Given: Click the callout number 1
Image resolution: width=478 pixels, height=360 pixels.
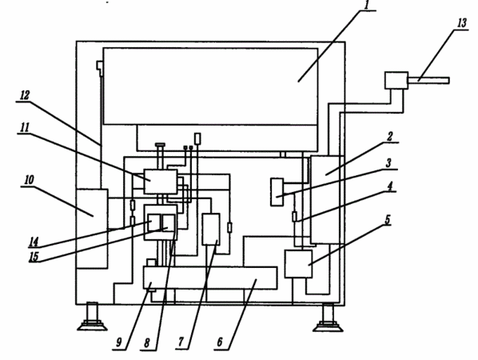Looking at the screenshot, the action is point(367,5).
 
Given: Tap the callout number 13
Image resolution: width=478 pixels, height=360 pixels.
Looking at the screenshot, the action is point(462,23).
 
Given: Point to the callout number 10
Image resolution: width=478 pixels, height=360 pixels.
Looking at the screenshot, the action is point(29,180).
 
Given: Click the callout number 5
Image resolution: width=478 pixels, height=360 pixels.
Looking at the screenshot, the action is point(388,220).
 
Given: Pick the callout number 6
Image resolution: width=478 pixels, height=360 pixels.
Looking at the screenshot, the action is point(220,342).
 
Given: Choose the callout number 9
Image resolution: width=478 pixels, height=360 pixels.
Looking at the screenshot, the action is point(181,342).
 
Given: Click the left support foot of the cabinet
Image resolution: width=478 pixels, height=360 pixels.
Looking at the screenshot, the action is point(92,317).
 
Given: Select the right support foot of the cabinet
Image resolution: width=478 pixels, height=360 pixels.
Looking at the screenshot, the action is point(328,318).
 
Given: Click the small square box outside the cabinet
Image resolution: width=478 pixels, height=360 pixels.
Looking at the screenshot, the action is point(396,81).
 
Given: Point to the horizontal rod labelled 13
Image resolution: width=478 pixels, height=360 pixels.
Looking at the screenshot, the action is point(428,81).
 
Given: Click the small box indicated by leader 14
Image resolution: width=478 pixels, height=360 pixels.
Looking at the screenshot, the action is point(154,223).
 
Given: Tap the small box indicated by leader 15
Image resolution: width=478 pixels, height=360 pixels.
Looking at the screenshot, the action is point(169,223).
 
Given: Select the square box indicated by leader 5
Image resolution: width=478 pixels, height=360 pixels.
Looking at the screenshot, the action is point(298,264).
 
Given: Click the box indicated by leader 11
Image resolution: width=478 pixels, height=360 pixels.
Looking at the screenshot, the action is point(161,182).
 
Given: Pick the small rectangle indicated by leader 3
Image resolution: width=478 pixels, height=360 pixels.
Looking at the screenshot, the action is point(277,192).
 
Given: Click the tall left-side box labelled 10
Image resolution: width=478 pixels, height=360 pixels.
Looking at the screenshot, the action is point(92,229).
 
